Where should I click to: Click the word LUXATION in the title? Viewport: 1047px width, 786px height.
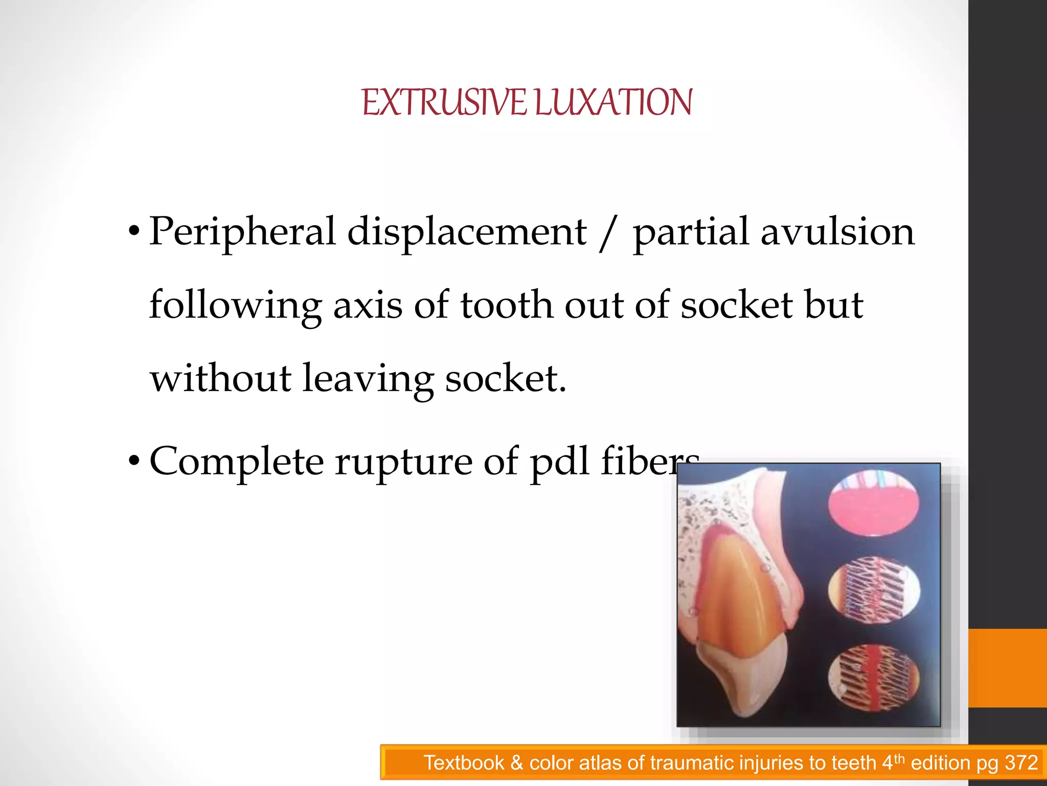613,102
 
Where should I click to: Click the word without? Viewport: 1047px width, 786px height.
220,379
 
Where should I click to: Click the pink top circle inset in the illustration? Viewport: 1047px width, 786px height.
873,504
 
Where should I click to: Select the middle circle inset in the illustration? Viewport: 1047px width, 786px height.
873,589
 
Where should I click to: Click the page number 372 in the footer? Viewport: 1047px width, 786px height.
1020,763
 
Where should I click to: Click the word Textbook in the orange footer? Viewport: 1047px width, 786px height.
464,763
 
